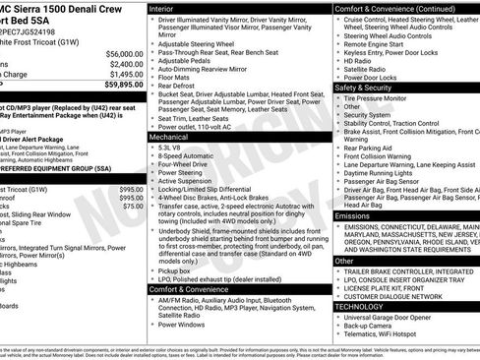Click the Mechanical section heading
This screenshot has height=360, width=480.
point(171,138)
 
